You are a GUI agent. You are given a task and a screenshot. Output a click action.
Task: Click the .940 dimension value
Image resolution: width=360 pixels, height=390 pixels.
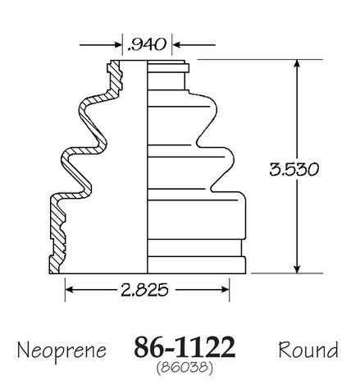[147, 44]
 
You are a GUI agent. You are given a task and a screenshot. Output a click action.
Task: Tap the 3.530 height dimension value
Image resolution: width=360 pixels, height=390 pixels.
[294, 169]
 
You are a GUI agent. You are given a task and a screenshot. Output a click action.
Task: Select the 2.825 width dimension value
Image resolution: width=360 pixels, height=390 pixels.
[144, 290]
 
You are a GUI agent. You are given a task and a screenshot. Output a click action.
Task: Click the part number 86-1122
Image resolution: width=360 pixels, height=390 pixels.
[185, 347]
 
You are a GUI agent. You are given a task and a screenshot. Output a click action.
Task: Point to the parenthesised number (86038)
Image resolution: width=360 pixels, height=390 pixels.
[185, 367]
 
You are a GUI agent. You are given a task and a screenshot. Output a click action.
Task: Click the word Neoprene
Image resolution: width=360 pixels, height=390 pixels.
[62, 351]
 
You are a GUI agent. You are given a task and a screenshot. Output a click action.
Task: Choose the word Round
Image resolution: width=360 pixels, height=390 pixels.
[308, 350]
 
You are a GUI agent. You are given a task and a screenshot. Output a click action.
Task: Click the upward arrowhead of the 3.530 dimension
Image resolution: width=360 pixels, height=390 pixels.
[297, 64]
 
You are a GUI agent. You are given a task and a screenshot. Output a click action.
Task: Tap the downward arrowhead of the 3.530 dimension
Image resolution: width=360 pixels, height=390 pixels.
[297, 268]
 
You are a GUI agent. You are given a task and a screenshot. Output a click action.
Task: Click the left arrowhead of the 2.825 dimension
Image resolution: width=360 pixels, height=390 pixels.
[70, 290]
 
